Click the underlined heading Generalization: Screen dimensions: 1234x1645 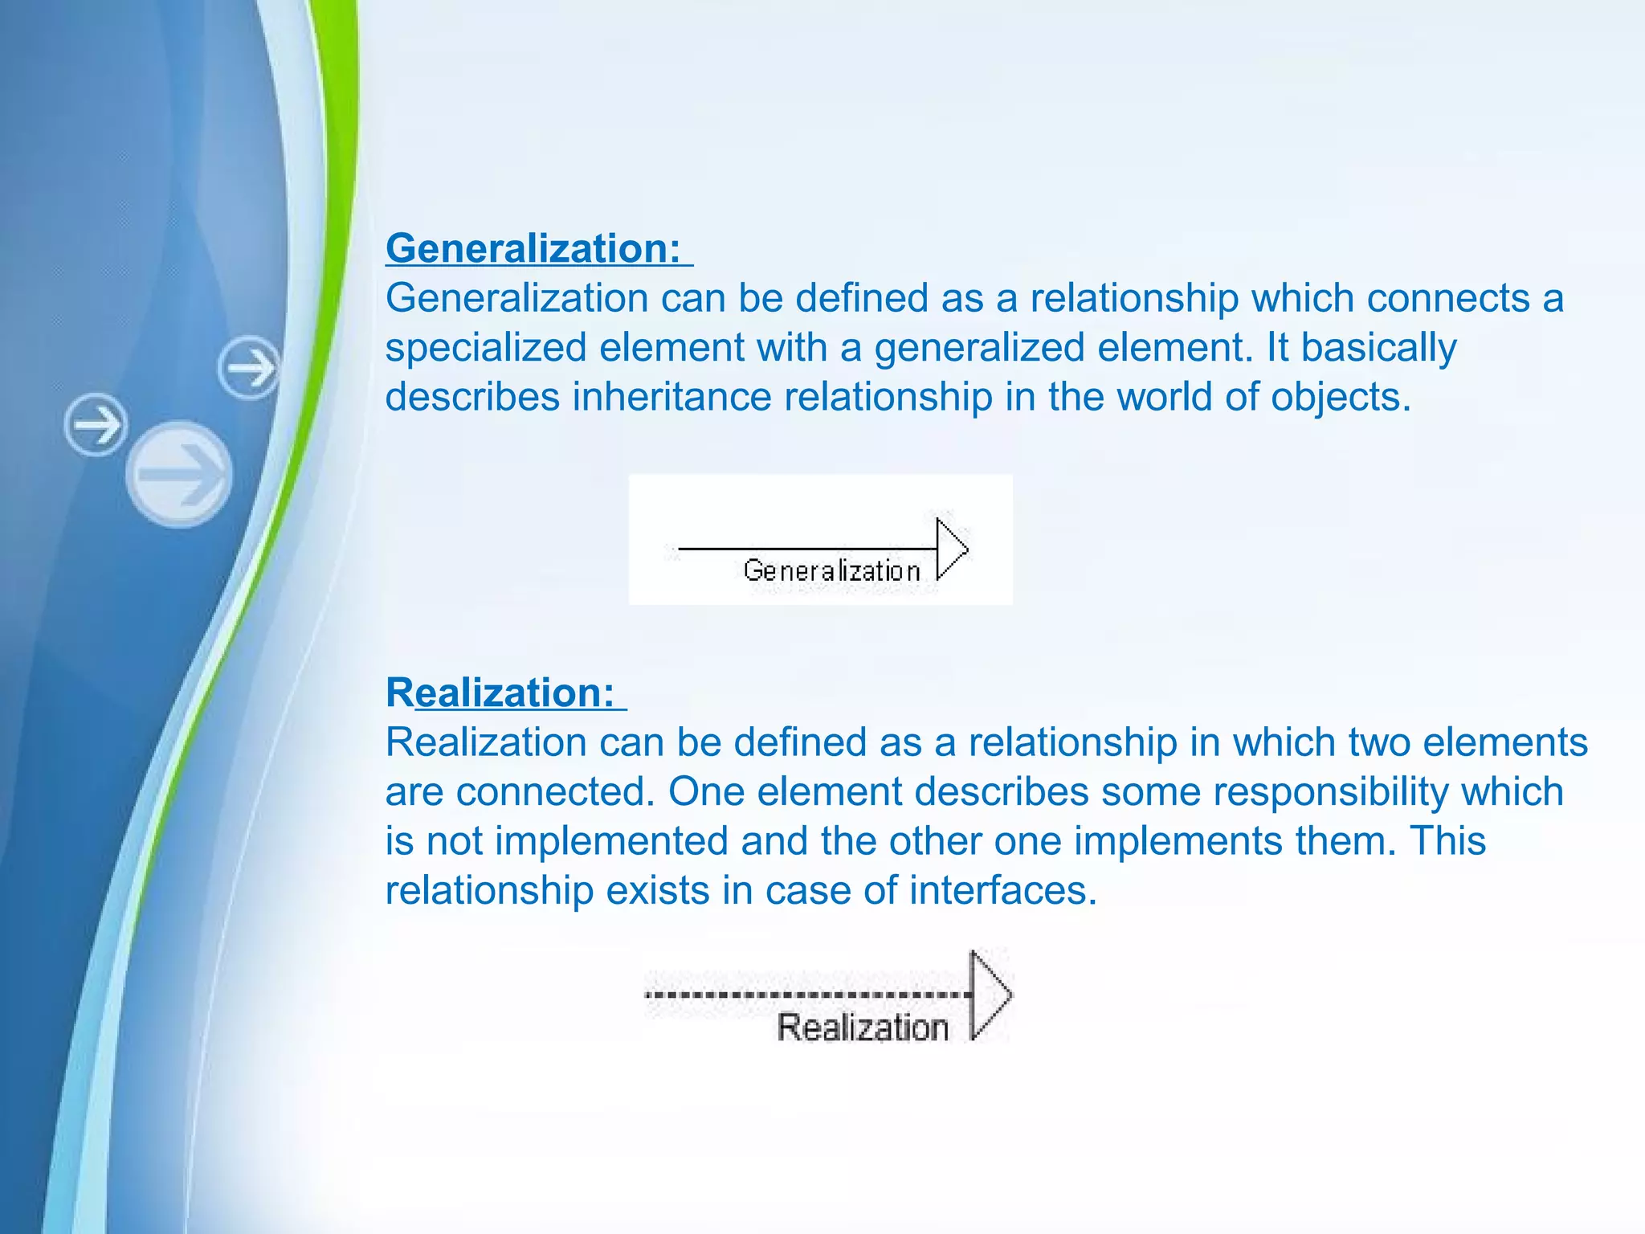click(533, 247)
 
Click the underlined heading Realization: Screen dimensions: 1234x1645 click(500, 692)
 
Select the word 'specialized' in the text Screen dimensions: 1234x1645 click(486, 348)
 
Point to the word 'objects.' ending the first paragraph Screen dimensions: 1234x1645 click(1341, 397)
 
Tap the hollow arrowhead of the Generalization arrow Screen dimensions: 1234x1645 click(951, 550)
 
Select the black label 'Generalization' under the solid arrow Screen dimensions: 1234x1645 click(831, 570)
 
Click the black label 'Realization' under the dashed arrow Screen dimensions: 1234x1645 click(863, 1028)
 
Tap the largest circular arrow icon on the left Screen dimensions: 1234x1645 click(179, 474)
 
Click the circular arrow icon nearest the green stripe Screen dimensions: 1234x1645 click(250, 368)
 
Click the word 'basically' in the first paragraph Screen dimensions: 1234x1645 click(1378, 348)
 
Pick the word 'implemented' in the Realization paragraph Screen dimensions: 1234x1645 click(610, 841)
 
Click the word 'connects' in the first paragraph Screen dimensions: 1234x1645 click(1447, 298)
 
